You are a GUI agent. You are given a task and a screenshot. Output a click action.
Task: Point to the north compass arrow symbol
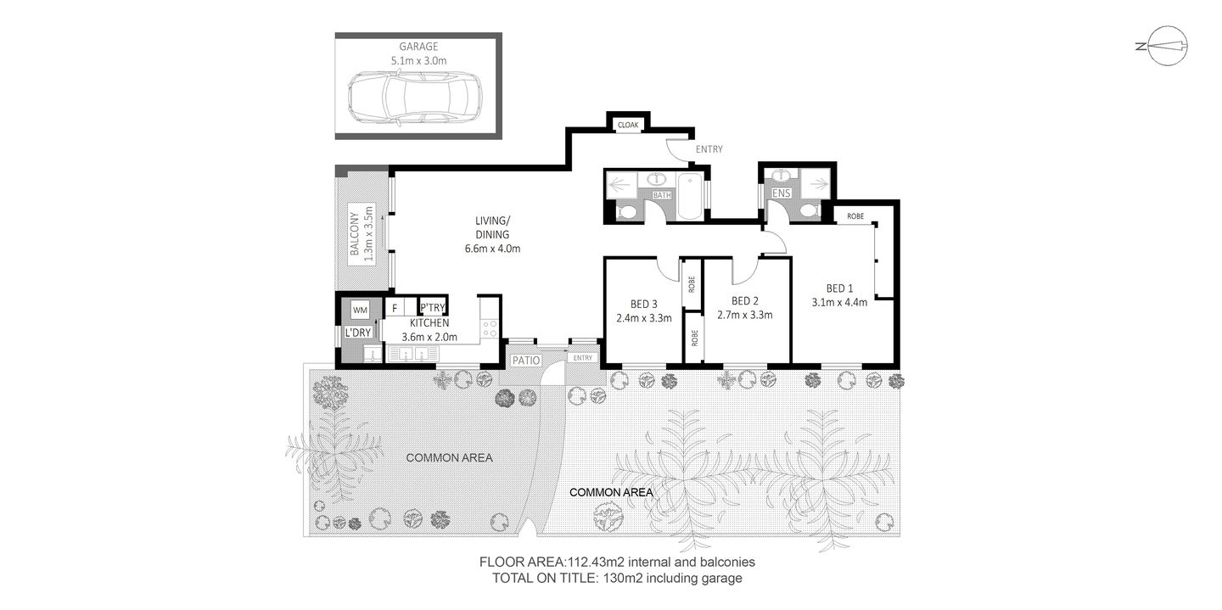click(x=1159, y=48)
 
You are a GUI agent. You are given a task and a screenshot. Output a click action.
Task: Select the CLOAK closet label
click(x=628, y=125)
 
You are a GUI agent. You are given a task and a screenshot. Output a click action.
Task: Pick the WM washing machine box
click(x=360, y=310)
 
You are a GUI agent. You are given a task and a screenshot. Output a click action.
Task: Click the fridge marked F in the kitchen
click(x=395, y=308)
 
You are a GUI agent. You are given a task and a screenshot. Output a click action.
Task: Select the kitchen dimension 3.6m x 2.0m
click(x=429, y=337)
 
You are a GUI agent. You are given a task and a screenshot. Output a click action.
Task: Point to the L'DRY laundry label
click(x=357, y=333)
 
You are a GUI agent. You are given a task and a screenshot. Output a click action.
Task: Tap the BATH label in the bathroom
click(x=662, y=195)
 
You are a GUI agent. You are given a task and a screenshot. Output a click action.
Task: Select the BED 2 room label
click(x=744, y=300)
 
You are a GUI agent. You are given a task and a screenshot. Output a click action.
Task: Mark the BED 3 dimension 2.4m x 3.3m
click(x=643, y=319)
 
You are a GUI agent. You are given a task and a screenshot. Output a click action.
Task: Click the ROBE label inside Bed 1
click(x=855, y=216)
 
